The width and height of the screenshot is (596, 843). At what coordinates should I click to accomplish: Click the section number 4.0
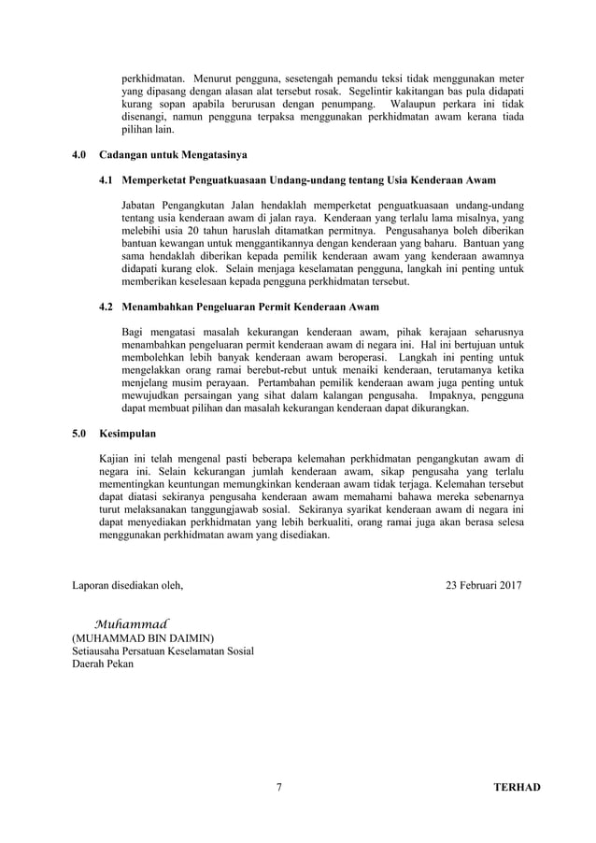tap(79, 152)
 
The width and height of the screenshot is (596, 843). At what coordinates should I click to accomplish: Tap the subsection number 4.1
tap(106, 179)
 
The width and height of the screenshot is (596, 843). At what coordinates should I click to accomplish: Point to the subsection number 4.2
tap(106, 306)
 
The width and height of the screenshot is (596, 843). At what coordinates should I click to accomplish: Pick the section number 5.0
tap(79, 433)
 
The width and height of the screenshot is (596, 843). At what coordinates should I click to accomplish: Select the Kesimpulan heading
tap(127, 433)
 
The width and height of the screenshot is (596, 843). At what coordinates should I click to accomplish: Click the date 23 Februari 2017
tap(484, 586)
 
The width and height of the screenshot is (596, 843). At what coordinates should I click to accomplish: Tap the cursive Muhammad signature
tap(131, 622)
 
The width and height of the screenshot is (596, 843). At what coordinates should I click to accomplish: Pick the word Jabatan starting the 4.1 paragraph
tap(142, 205)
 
